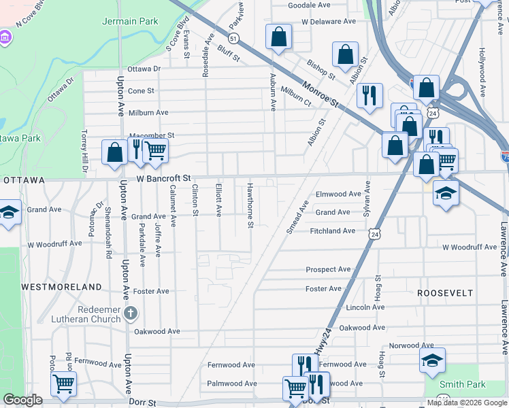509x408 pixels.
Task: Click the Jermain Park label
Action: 130,21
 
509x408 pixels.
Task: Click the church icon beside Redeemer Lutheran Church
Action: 131,313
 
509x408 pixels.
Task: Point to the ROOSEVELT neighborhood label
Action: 445,292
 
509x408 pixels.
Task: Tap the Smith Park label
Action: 462,384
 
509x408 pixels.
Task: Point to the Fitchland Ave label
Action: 333,231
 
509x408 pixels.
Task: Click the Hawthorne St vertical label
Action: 250,205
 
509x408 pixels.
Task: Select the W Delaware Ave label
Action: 329,22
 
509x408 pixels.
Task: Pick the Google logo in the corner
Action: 22,400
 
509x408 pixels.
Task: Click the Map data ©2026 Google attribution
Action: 466,403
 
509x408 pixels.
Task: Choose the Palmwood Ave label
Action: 232,384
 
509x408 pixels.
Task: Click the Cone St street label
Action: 142,90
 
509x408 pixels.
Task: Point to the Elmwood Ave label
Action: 338,194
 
